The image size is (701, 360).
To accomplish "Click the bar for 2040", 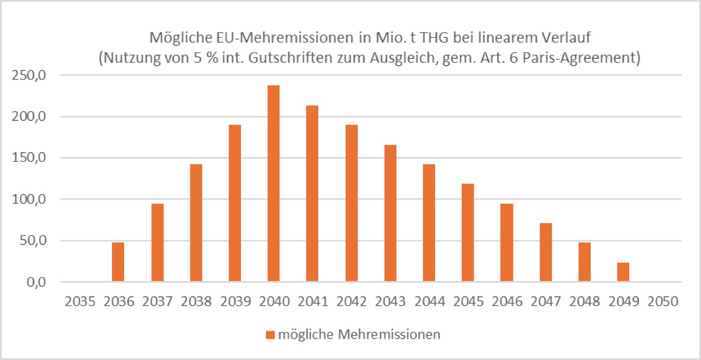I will (x=273, y=183).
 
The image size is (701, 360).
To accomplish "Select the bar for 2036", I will (x=118, y=261).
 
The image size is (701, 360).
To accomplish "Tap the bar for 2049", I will (x=623, y=272).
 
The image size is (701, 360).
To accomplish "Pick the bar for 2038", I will (x=196, y=223).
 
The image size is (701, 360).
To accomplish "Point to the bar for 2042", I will (x=351, y=202).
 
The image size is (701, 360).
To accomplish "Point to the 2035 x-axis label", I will (x=79, y=300).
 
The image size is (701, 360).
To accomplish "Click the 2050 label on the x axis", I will (x=662, y=300).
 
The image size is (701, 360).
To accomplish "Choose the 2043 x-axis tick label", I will (x=390, y=300).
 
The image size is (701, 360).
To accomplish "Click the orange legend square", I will (x=270, y=334).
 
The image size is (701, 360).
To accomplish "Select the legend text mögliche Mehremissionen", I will (x=359, y=334).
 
